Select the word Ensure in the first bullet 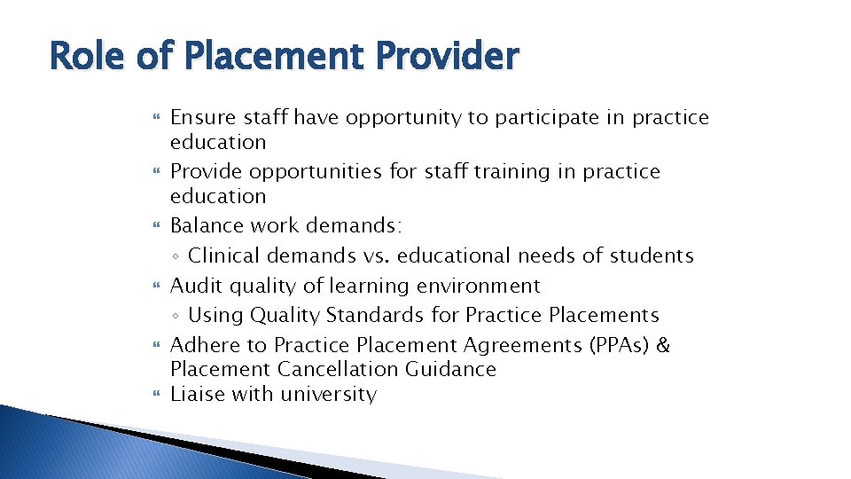point(202,118)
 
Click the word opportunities point(317,172)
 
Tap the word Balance point(206,226)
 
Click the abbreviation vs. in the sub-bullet point(377,256)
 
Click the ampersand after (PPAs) point(663,345)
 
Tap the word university point(328,395)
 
